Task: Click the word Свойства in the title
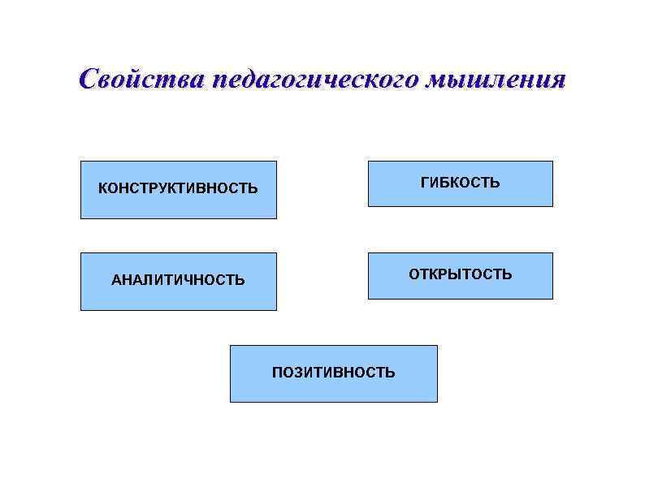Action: point(140,80)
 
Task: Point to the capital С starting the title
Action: point(89,80)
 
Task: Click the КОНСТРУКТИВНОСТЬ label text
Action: point(178,189)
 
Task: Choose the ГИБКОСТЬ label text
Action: point(460,183)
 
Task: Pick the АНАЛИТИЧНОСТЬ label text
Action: point(178,281)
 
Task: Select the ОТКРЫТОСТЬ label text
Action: point(460,274)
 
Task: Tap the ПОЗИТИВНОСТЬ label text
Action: point(333,373)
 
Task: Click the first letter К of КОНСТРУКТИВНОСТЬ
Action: point(102,189)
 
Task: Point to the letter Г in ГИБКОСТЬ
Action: point(424,183)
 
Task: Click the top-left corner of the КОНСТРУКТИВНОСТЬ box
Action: point(80,161)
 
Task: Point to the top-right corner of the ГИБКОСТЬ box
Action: point(552,161)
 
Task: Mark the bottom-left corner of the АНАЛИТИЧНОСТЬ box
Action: point(80,310)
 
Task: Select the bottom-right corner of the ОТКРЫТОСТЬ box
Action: point(552,299)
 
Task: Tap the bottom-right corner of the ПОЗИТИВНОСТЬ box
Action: point(437,402)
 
